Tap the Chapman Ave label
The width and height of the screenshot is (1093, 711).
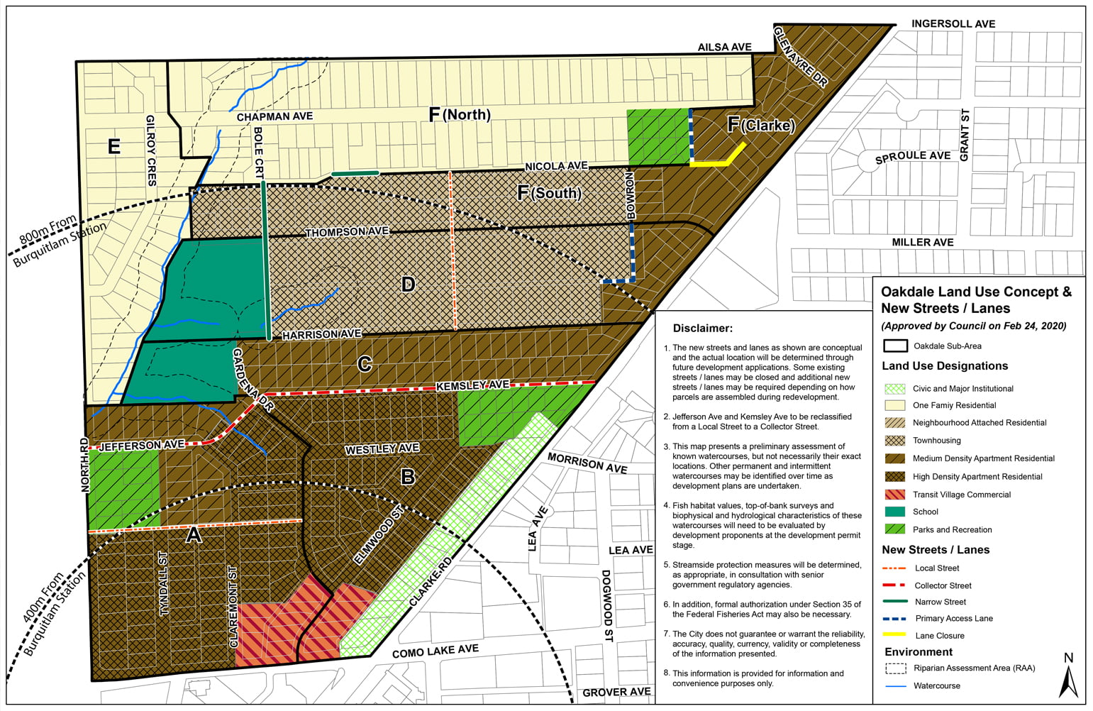pyautogui.click(x=274, y=116)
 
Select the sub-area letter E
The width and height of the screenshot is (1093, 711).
pyautogui.click(x=113, y=146)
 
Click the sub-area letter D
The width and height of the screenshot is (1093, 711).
pyautogui.click(x=408, y=285)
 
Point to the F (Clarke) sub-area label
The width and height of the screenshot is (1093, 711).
pyautogui.click(x=761, y=126)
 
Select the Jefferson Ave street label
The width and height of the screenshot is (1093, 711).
pyautogui.click(x=141, y=446)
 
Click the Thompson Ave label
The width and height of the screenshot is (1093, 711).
pyautogui.click(x=347, y=232)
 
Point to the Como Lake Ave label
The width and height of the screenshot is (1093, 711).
pyautogui.click(x=435, y=651)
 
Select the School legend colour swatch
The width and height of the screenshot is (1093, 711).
pyautogui.click(x=895, y=512)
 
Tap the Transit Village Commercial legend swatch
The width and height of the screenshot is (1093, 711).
pyautogui.click(x=895, y=495)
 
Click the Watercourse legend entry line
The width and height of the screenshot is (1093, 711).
pyautogui.click(x=895, y=686)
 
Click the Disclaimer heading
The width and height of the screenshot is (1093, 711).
pyautogui.click(x=702, y=329)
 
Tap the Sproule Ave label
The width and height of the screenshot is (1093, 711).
pyautogui.click(x=912, y=157)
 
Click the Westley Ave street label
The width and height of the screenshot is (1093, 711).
pyautogui.click(x=382, y=449)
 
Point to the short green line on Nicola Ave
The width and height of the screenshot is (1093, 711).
pyautogui.click(x=355, y=173)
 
